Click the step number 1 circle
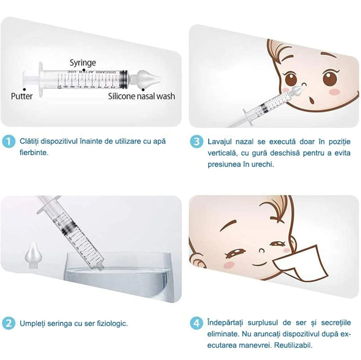tap(9, 141)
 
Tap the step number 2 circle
tap(9, 323)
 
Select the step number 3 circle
tap(197, 141)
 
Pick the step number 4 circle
tap(196, 323)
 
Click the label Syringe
tap(83, 63)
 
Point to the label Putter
tap(22, 96)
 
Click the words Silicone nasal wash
tap(141, 96)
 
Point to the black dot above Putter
tap(24, 89)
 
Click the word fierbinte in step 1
tap(34, 153)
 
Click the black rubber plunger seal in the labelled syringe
tap(124, 79)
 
